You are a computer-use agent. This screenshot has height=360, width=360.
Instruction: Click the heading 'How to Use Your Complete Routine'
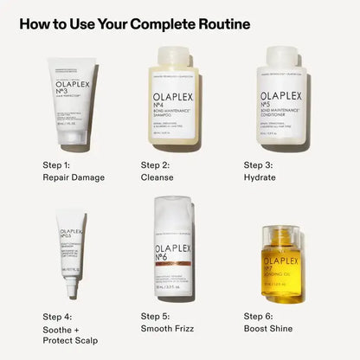[x=134, y=23]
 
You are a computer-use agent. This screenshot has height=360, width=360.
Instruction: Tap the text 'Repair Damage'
[x=74, y=177]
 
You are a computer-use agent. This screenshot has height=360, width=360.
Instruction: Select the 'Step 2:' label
[x=157, y=164]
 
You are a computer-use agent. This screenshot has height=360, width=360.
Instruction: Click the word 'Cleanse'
[x=157, y=177]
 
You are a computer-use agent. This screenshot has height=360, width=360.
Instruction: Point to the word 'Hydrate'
[x=260, y=177]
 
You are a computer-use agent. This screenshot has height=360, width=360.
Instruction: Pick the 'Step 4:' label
[x=57, y=316]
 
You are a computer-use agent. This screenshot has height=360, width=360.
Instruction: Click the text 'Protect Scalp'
[x=70, y=341]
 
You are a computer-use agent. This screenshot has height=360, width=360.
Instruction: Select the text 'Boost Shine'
[x=268, y=329]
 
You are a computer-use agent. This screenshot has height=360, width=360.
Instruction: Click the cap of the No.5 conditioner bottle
[x=282, y=54]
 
